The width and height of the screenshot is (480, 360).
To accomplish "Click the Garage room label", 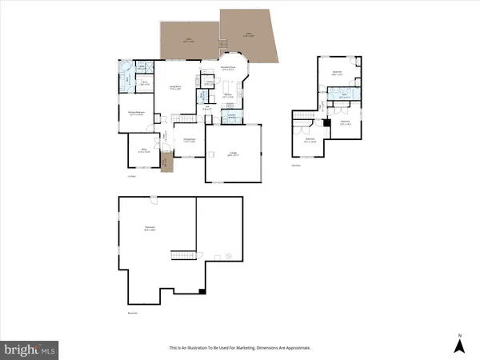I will pos(234,154).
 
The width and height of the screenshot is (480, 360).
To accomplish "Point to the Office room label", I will pos(140,150).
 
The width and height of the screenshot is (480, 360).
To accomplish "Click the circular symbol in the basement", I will pos(227,256).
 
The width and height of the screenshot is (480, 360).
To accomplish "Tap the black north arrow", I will pos(458,345).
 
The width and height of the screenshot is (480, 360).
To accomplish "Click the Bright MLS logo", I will pos(29,349).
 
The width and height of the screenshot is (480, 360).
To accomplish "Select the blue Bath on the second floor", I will pos(344,97).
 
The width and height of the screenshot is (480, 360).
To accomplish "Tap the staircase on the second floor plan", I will pos(303,120).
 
